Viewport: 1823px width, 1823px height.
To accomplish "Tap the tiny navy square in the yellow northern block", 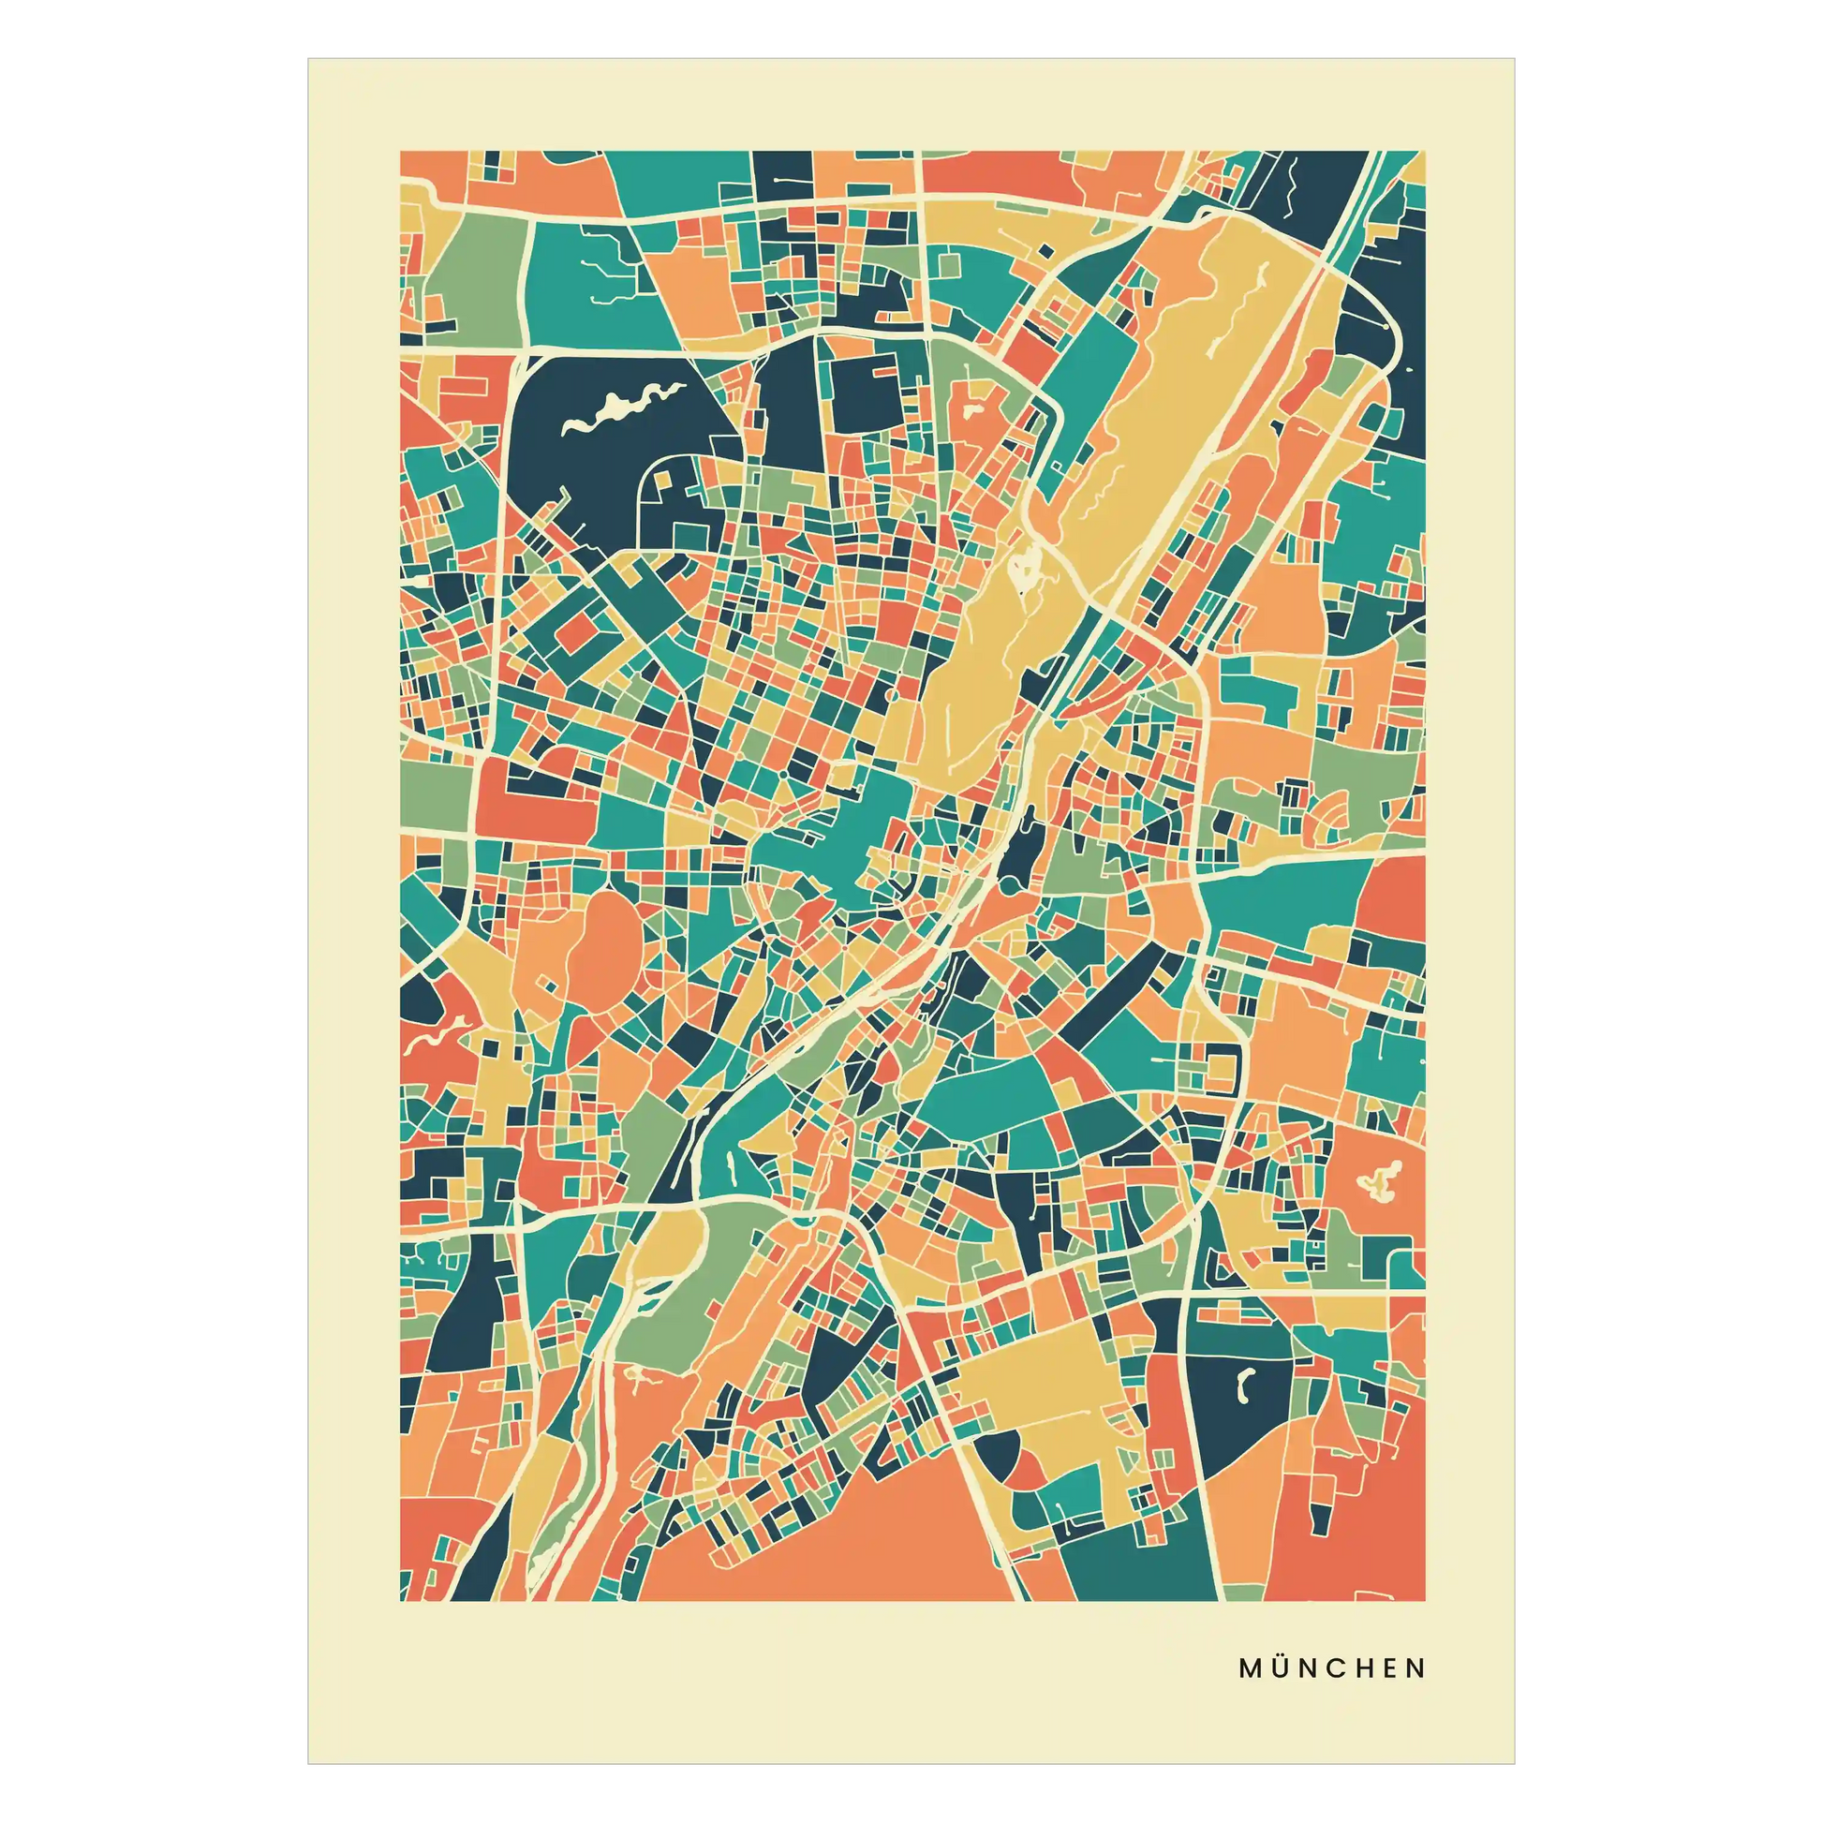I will [1045, 249].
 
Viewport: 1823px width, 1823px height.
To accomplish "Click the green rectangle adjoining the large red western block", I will [437, 793].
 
